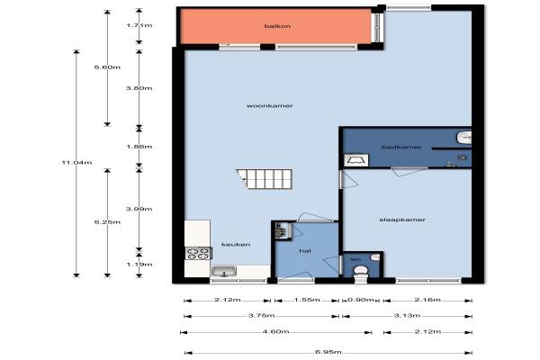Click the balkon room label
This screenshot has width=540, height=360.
277,26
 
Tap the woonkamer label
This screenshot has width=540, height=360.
270,106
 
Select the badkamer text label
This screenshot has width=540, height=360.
401,147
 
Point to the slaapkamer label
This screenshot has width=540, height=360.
402,220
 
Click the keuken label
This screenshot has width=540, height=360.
236,244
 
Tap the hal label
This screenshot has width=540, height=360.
305,251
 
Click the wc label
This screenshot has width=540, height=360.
355,259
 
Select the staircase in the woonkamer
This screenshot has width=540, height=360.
264,179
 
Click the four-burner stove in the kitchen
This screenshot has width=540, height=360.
198,254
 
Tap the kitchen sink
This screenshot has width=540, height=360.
224,272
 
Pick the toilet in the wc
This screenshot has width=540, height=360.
361,271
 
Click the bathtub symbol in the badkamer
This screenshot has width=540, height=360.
356,160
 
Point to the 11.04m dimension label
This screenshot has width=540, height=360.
76,162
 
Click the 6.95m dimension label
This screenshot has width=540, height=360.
328,352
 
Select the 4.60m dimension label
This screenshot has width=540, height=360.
275,332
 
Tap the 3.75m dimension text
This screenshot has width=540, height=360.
261,315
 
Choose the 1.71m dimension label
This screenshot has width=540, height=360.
139,25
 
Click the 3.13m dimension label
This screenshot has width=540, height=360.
407,315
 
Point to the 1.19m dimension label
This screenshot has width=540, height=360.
139,265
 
